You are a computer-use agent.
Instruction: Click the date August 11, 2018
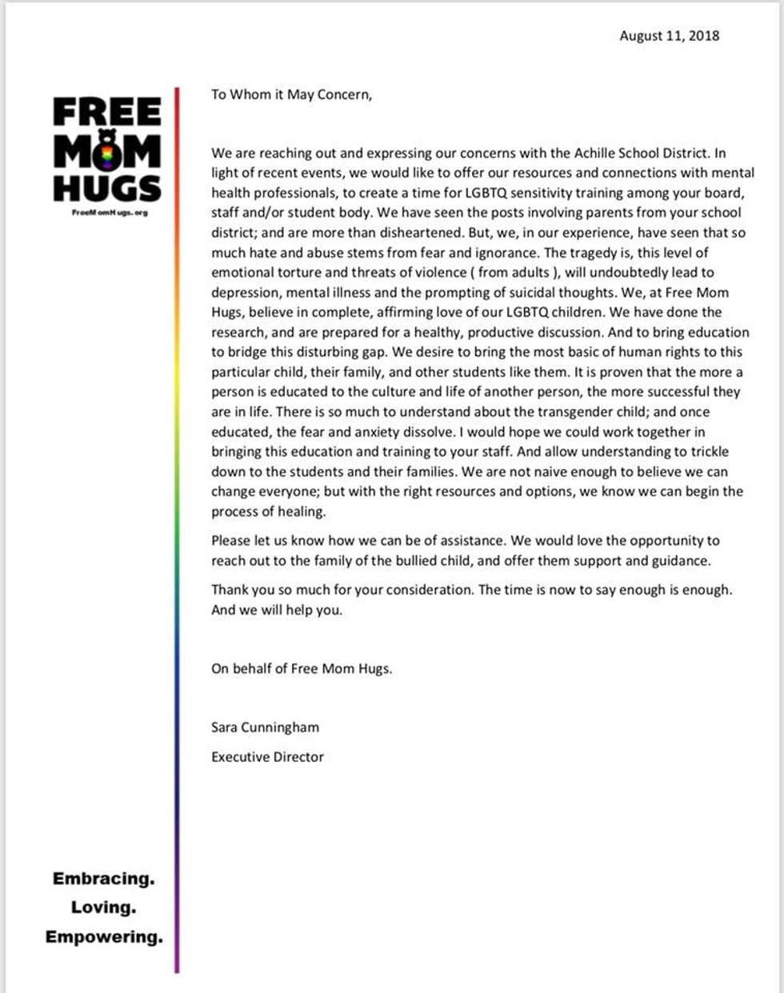coord(669,36)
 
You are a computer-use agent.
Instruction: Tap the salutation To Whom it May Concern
coord(291,94)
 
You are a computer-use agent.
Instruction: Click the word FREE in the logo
coord(107,113)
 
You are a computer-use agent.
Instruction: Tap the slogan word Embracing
coord(103,879)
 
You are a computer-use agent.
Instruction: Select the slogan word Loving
coord(103,907)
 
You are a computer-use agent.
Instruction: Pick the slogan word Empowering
coord(103,936)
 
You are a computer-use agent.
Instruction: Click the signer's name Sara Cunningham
coord(265,727)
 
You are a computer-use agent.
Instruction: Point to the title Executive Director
coord(267,756)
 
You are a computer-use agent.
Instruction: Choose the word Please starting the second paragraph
coord(231,541)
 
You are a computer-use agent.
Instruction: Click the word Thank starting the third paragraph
coord(230,590)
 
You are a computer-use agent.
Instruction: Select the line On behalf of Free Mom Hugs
coord(302,668)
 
